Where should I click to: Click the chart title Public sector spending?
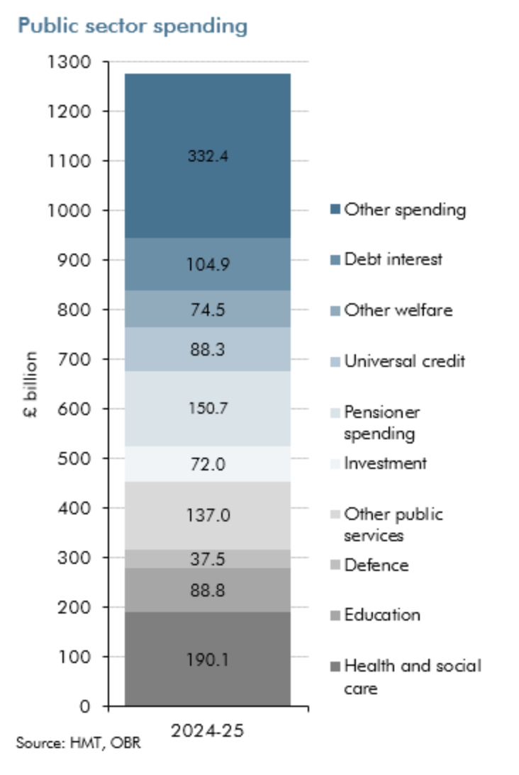click(133, 26)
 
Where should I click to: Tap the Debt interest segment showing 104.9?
click(208, 264)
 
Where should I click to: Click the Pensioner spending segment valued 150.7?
click(208, 409)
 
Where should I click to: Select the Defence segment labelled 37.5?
click(208, 559)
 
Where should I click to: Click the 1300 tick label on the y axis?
click(69, 62)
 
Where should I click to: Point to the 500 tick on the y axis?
click(77, 458)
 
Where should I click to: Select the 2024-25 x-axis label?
click(208, 730)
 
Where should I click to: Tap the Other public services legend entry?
click(393, 524)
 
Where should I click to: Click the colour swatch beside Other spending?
click(335, 210)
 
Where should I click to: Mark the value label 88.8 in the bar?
click(208, 590)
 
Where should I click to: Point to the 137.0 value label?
click(208, 515)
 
